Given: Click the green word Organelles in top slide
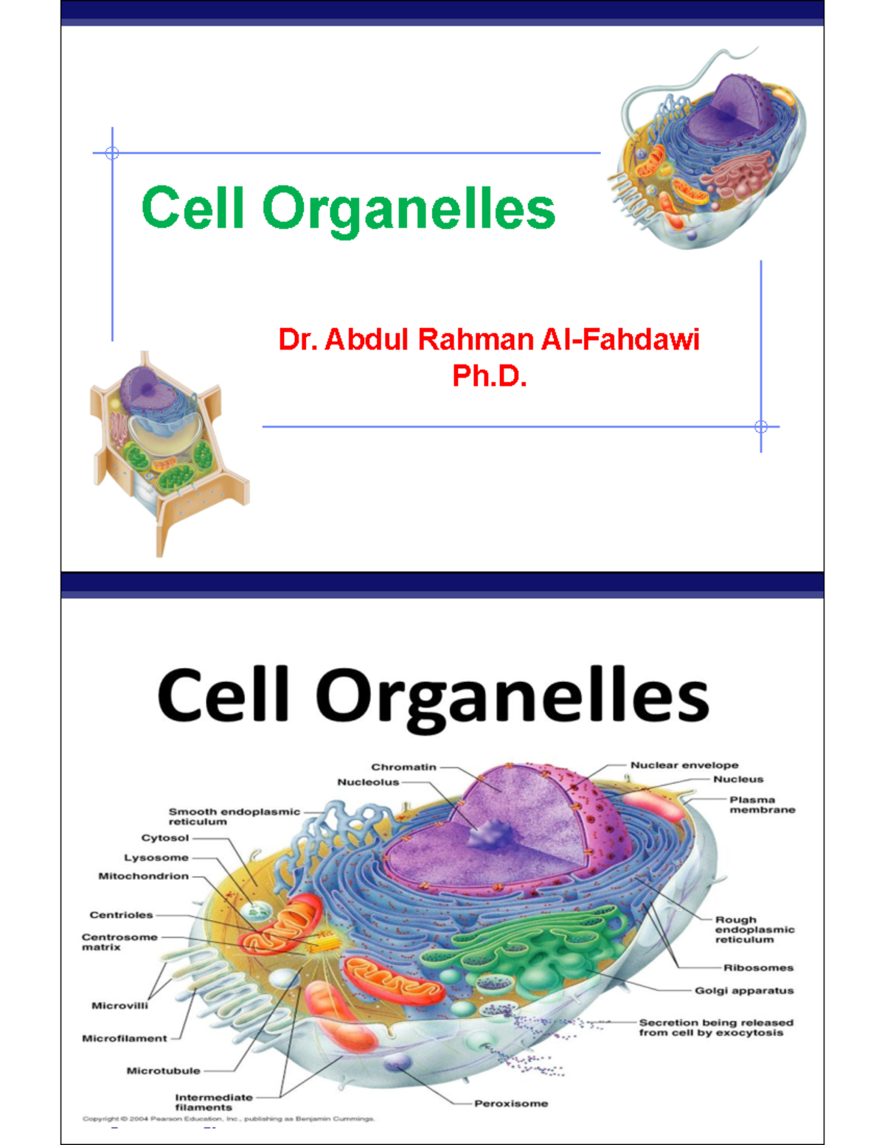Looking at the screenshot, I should [x=409, y=209].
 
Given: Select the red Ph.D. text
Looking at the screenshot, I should [x=489, y=376].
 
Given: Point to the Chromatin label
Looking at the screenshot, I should [x=403, y=767].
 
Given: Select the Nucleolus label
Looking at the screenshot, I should [x=368, y=782].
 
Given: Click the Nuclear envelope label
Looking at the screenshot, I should [x=684, y=765].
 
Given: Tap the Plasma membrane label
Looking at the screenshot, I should [x=762, y=804].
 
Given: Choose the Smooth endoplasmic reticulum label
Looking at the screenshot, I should [x=234, y=816].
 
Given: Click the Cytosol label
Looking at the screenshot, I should [x=165, y=838].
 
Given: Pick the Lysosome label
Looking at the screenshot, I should [x=156, y=857].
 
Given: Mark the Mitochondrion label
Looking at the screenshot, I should [x=144, y=877].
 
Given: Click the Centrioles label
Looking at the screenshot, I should [x=121, y=915].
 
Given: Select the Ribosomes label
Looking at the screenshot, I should [x=758, y=968].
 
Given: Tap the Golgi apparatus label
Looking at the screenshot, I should [x=744, y=991].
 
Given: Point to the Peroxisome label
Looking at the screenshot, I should [x=511, y=1104].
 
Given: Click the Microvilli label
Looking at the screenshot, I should [x=119, y=1006].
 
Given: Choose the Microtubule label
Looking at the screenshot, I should [x=163, y=1071].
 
